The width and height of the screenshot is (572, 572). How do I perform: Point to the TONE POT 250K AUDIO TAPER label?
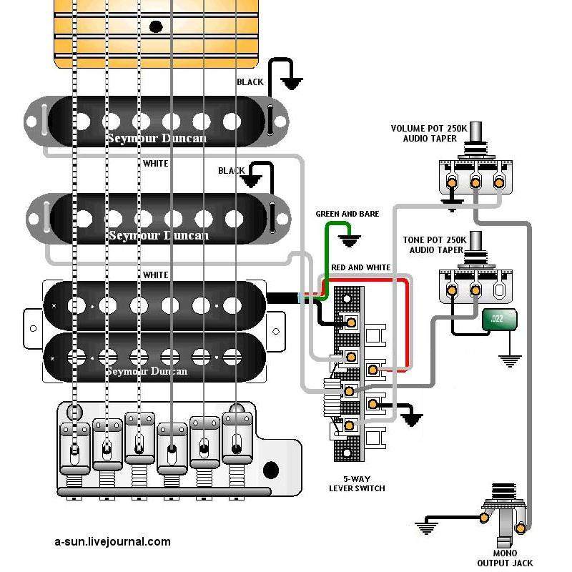click(438, 245)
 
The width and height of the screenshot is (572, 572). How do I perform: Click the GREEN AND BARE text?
click(347, 214)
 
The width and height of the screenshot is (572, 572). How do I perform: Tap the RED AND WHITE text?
click(360, 267)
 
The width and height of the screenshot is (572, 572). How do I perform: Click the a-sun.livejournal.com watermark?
click(112, 541)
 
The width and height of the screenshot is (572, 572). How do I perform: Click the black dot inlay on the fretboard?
click(155, 27)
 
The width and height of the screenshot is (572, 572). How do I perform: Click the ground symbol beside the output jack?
click(427, 528)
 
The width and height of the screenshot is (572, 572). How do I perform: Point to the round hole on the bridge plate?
click(270, 470)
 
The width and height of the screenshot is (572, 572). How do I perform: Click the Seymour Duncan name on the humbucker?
click(147, 371)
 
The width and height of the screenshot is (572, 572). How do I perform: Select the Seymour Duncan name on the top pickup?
click(157, 137)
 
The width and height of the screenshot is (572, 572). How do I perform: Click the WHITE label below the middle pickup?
click(155, 275)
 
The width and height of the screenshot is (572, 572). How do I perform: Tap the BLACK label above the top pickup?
click(250, 82)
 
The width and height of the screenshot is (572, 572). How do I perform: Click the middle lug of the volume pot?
click(475, 183)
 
